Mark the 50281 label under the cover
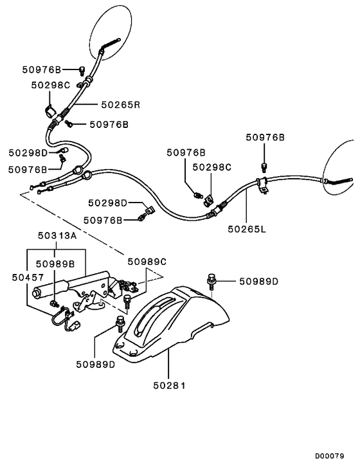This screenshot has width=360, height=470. tap(168, 386)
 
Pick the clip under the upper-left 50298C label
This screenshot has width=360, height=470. tap(48, 110)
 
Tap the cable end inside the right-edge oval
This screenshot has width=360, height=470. tap(338, 182)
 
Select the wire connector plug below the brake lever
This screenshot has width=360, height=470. tap(75, 325)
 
